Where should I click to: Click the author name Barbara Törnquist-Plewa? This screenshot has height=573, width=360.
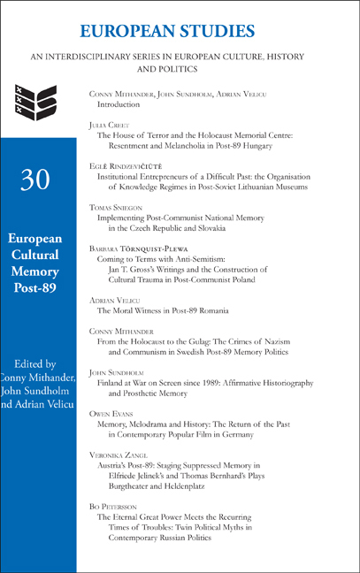coord(145,248)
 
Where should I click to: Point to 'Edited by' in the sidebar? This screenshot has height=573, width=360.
coord(38,362)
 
